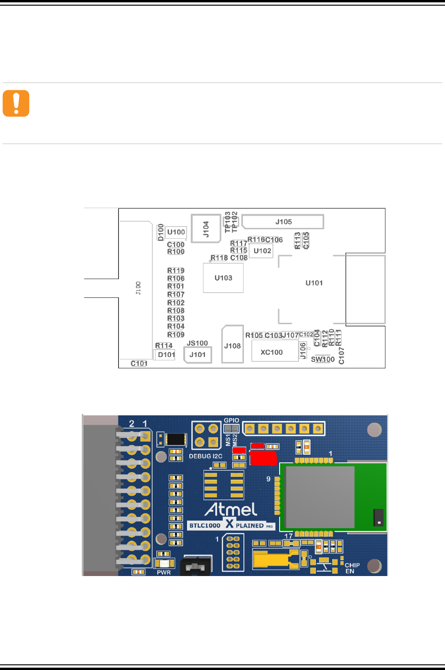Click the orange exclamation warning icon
16,103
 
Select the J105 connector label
283,222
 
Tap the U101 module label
314,283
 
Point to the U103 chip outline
223,278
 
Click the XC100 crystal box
272,352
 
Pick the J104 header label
206,229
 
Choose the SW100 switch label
323,359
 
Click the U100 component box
176,232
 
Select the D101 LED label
166,355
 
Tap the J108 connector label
233,346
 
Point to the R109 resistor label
176,335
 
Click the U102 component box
262,251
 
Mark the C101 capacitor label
139,363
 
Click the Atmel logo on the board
231,509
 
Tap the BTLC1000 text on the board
205,525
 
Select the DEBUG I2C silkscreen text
206,456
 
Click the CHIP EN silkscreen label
352,568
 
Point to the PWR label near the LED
164,572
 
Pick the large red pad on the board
263,458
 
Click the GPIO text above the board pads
231,421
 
